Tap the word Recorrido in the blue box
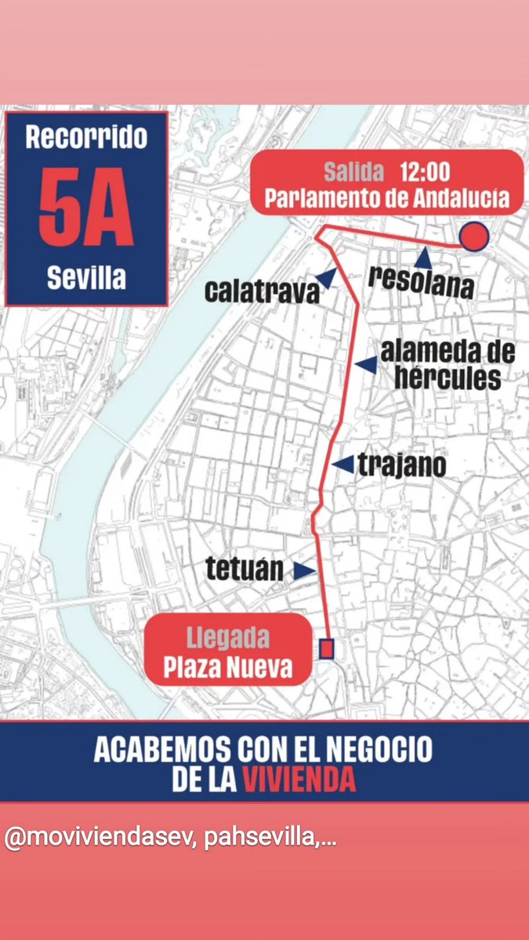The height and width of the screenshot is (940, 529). [86, 139]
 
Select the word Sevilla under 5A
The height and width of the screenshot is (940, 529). [86, 277]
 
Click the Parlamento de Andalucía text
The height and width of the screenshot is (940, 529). [387, 198]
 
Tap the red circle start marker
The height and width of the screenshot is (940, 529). [474, 236]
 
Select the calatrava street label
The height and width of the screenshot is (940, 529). [263, 291]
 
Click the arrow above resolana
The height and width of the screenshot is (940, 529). [423, 257]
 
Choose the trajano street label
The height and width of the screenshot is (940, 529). [401, 466]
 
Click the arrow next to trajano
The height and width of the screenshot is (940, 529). [342, 465]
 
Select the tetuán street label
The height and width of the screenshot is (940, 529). [245, 569]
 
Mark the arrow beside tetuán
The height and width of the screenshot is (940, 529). [304, 571]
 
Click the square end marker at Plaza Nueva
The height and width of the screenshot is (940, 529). [327, 649]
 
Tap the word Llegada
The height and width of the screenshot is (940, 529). [227, 638]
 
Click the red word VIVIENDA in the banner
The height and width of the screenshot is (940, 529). [288, 779]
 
